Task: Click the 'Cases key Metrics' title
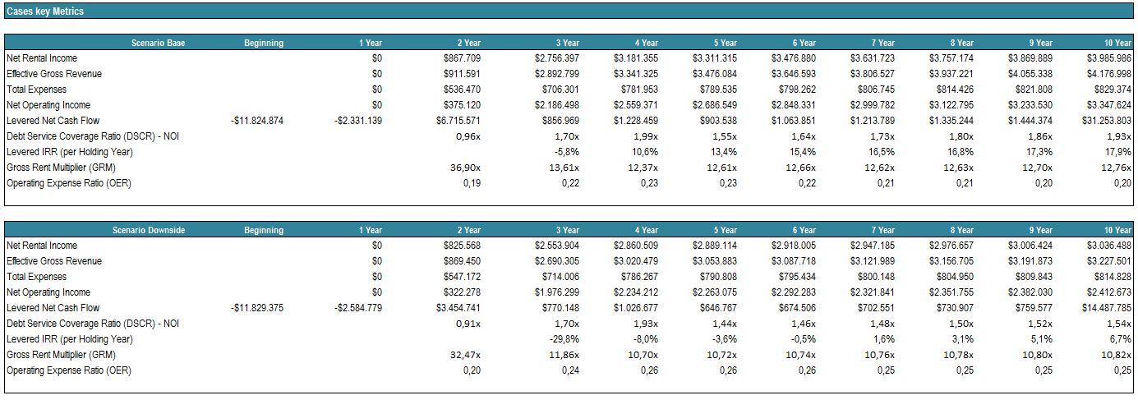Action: click(x=45, y=11)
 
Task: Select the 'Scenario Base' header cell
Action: click(x=158, y=43)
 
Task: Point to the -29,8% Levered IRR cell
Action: click(x=564, y=339)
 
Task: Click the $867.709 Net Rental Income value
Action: click(x=461, y=58)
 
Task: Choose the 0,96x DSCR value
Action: click(x=468, y=136)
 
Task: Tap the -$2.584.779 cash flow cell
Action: click(x=358, y=308)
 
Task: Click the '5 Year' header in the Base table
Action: click(x=725, y=43)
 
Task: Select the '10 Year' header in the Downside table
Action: click(x=1117, y=230)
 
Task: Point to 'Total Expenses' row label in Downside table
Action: click(x=37, y=277)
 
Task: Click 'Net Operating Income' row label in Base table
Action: click(x=48, y=105)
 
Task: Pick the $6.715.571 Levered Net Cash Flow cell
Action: click(x=458, y=121)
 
